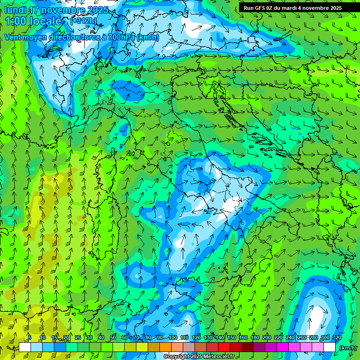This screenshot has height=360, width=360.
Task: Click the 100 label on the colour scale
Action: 172,338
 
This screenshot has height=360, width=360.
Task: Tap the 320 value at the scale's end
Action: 337,338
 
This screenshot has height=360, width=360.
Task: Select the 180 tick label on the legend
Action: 255,338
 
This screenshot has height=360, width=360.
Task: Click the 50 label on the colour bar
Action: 113,338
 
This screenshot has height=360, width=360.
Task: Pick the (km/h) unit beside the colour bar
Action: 348,348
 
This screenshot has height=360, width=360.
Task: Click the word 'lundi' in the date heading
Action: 15,10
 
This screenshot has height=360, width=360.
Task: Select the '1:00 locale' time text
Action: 34,21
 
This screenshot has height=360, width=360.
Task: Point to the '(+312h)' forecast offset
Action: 84,21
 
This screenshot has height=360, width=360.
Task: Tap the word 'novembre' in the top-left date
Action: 64,10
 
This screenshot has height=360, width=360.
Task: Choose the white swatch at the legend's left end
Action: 25,347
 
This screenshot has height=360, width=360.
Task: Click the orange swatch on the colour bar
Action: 165,347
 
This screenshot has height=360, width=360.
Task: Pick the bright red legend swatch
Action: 224,347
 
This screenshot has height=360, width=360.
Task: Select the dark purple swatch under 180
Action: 259,347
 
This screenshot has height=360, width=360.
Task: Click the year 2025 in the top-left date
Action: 97,10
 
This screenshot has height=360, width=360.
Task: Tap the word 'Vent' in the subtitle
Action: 13,37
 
